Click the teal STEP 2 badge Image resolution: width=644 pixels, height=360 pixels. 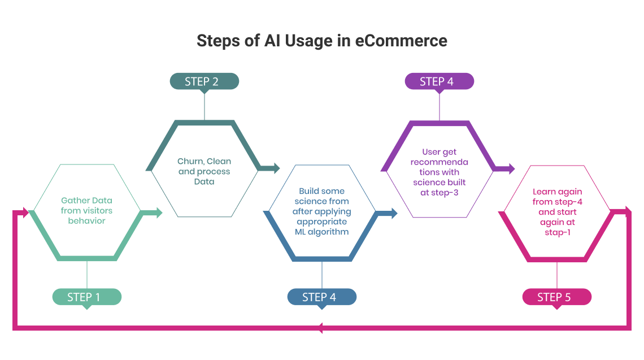click(204, 81)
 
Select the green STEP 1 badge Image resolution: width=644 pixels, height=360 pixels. click(87, 297)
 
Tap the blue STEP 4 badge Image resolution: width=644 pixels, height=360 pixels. click(322, 297)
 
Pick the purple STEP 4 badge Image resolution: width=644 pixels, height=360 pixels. click(440, 81)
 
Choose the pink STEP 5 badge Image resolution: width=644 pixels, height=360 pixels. click(557, 297)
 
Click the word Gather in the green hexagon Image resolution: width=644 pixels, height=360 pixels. click(73, 201)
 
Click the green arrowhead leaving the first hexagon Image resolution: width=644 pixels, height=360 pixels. click(158, 212)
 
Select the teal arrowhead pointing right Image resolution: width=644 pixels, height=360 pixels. click(275, 168)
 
